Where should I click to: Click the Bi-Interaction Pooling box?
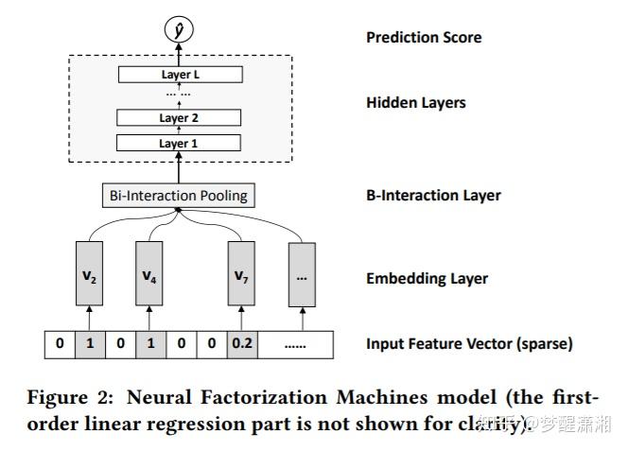(177, 196)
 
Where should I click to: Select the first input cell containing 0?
(60, 344)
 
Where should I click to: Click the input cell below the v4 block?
(149, 344)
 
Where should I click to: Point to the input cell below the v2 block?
(90, 344)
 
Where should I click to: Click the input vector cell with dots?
(295, 344)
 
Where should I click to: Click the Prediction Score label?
(424, 38)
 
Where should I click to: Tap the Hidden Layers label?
(415, 102)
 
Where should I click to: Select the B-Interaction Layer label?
(433, 196)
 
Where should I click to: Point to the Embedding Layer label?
(427, 279)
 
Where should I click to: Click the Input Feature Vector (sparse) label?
(469, 344)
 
